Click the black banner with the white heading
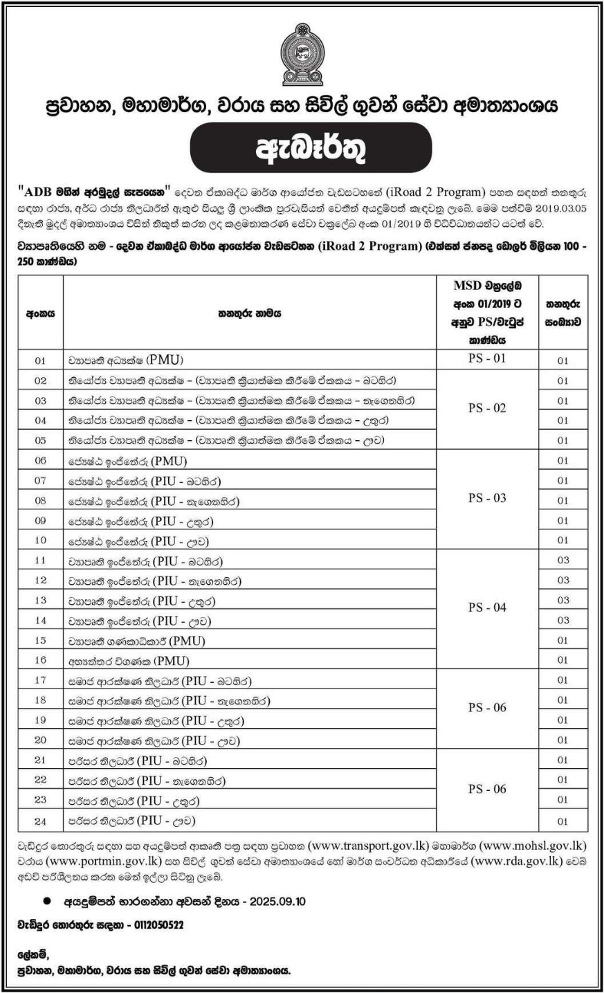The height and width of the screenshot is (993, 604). coord(301,147)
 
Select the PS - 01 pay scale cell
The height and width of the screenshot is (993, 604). coord(487,359)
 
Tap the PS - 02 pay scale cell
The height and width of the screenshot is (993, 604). coord(487,408)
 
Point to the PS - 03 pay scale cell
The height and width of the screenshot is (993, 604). coord(487,498)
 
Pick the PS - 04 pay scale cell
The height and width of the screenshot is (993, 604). coord(487,608)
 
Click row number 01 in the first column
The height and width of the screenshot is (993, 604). coord(40,361)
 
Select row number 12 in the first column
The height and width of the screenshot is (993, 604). coord(40,581)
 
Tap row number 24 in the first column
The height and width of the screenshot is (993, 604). coord(40,821)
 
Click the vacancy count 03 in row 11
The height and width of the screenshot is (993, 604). coord(562,561)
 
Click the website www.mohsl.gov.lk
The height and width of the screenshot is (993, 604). coord(533,846)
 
